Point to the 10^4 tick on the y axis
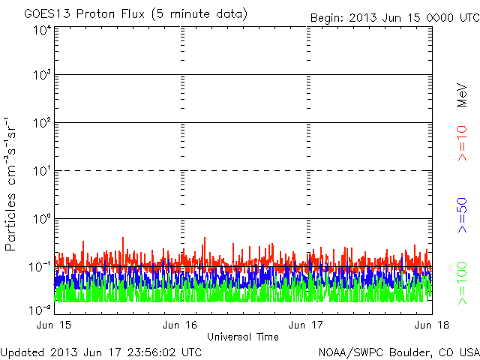[41, 30]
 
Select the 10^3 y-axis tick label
[41, 76]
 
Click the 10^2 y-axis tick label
[41, 123]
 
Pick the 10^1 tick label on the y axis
[41, 171]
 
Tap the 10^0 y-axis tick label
[41, 219]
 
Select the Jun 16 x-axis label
[180, 325]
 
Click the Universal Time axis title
[242, 337]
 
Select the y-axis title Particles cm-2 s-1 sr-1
[13, 184]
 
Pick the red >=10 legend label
[463, 142]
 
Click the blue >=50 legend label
[463, 215]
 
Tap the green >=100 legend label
[463, 283]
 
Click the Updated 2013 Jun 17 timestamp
[101, 352]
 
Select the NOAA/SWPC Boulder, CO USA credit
[398, 352]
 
